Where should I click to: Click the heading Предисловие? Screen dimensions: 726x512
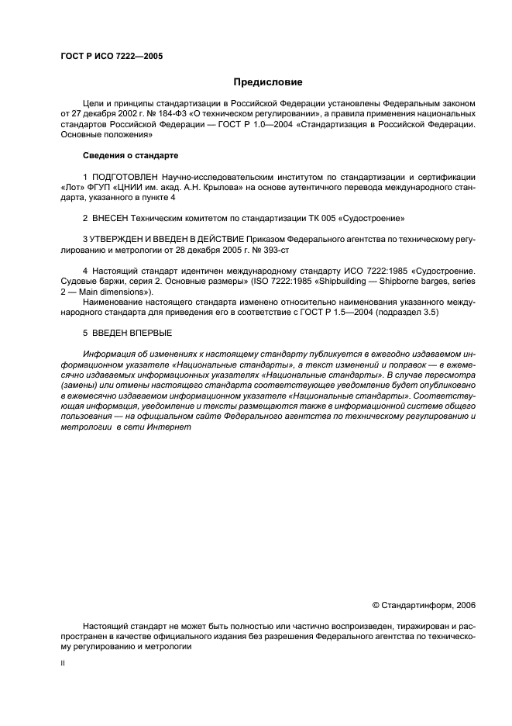point(268,82)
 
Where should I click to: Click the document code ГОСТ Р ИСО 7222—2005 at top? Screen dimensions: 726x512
point(112,56)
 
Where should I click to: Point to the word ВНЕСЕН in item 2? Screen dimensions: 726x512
point(112,219)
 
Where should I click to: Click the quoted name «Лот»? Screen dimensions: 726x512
point(74,188)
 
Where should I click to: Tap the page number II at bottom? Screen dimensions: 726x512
point(63,663)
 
